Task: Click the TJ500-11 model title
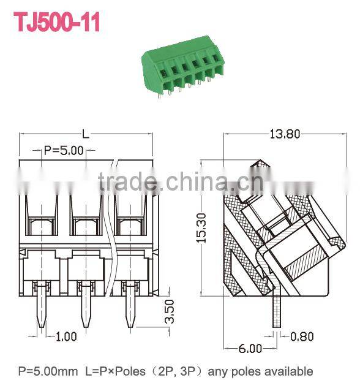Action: pyautogui.click(x=56, y=23)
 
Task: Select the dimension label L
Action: pyautogui.click(x=86, y=134)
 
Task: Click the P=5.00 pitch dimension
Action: pyautogui.click(x=64, y=150)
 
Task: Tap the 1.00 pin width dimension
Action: pyautogui.click(x=66, y=336)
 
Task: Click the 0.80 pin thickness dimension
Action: pyautogui.click(x=303, y=336)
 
